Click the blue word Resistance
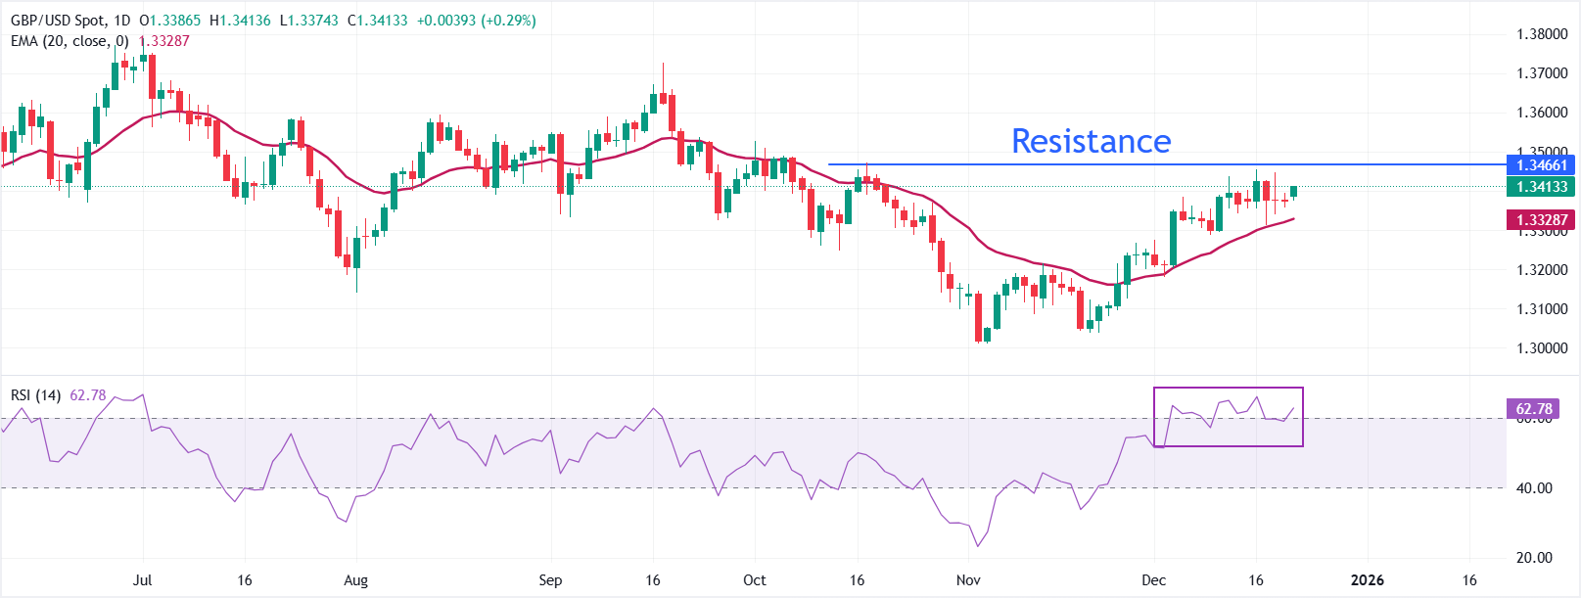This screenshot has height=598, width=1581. (x=1091, y=142)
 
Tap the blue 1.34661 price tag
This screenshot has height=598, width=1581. (x=1542, y=164)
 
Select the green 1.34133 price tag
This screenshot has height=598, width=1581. (x=1542, y=187)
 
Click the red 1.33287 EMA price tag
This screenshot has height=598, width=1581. (x=1542, y=220)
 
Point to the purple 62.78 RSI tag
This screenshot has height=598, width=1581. (x=1534, y=408)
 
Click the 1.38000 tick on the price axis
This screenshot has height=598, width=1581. (x=1542, y=34)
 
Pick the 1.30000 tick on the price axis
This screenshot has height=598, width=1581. (x=1542, y=348)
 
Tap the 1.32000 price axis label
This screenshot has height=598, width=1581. (x=1542, y=270)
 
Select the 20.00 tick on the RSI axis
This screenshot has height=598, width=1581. (x=1534, y=558)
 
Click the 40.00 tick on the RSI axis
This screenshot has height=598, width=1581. (x=1534, y=488)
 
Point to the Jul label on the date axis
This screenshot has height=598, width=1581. (x=142, y=580)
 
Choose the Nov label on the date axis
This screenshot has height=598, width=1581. (x=968, y=580)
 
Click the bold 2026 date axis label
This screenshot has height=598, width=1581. (x=1367, y=580)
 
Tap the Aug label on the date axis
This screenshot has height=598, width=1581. (x=356, y=580)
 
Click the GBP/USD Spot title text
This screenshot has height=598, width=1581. (x=57, y=21)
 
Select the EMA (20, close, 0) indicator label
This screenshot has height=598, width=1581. (x=70, y=41)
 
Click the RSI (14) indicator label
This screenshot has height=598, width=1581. (x=35, y=395)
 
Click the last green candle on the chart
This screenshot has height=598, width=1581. (x=1294, y=192)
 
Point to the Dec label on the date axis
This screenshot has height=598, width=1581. (x=1154, y=580)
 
